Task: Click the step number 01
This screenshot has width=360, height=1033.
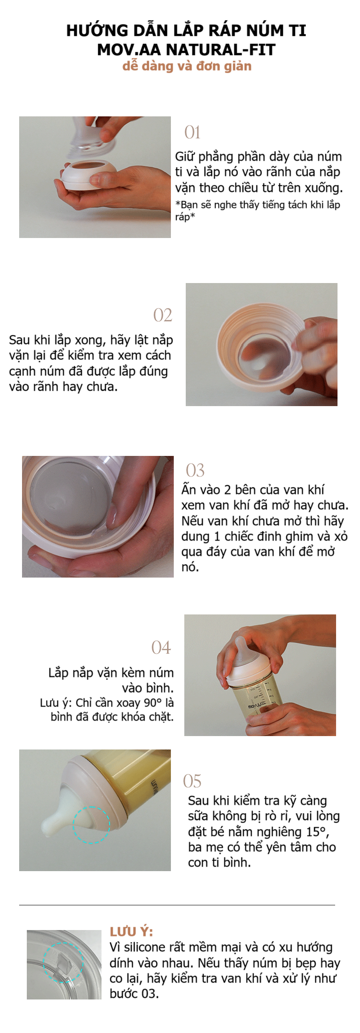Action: (192, 133)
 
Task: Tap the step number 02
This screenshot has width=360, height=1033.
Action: (162, 315)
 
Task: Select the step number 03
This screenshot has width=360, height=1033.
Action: (195, 470)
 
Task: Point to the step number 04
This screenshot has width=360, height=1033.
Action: (161, 648)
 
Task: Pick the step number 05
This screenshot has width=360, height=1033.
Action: (192, 782)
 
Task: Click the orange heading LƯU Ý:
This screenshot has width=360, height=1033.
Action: (132, 932)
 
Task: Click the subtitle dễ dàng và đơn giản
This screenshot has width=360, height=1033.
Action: (187, 66)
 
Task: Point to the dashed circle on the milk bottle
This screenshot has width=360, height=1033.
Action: (91, 825)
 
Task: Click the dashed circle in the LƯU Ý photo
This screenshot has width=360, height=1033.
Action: (63, 963)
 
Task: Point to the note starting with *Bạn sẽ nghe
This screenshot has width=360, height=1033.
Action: (258, 210)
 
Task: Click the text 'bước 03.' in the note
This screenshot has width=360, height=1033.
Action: (134, 994)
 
